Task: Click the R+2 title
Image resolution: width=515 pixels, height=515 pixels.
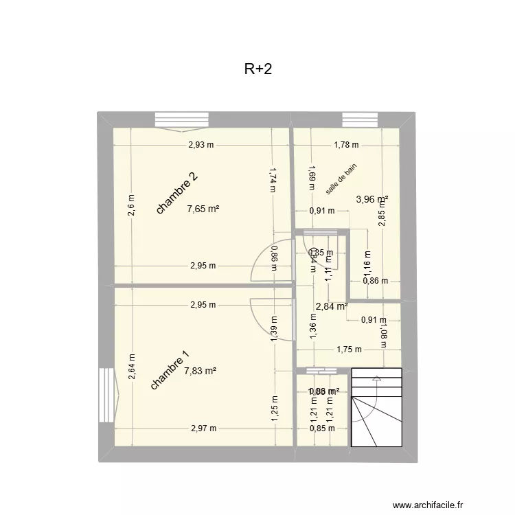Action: click(x=258, y=69)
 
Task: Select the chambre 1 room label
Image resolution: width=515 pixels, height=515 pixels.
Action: click(x=169, y=371)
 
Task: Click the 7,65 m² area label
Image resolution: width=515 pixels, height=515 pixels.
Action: click(x=203, y=209)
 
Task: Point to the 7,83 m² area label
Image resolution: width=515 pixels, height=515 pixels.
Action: click(x=200, y=371)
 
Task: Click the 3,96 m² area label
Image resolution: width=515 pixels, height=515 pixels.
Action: click(x=371, y=200)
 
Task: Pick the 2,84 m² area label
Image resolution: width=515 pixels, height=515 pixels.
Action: click(x=331, y=306)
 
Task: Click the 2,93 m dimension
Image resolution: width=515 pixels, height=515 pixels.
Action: click(x=201, y=145)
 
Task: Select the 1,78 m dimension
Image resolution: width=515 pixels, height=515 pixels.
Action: click(x=346, y=145)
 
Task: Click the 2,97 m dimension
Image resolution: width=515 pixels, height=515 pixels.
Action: click(x=203, y=428)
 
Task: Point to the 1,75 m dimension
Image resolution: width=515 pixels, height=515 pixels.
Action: click(x=349, y=350)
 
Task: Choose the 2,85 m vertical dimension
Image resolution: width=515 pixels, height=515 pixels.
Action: click(x=382, y=216)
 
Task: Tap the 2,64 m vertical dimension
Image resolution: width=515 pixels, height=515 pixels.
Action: click(x=131, y=366)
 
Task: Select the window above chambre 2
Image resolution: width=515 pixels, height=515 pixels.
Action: click(x=182, y=120)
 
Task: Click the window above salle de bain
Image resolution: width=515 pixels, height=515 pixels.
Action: click(x=360, y=119)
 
